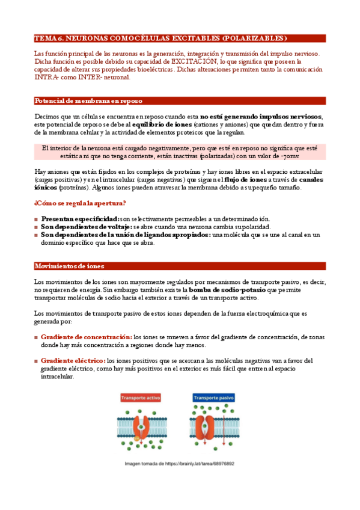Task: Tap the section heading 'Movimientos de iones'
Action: tap(69, 266)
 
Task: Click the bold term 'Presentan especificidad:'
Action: tap(80, 219)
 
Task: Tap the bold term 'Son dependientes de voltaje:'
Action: tap(86, 227)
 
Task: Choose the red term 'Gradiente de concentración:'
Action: tap(87, 337)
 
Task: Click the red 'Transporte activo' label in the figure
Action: tap(142, 398)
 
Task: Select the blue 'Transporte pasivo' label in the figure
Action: tap(213, 398)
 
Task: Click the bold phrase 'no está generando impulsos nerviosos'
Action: tap(261, 117)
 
